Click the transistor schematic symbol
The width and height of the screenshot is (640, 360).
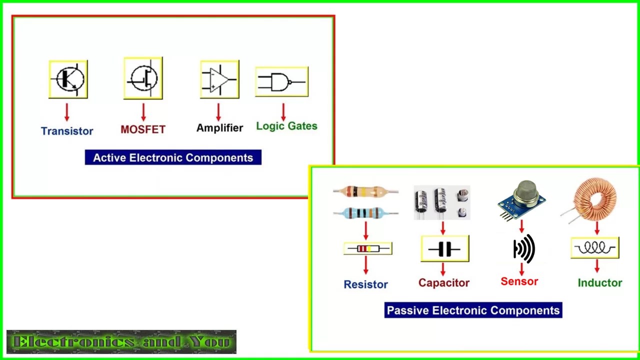(x=68, y=79)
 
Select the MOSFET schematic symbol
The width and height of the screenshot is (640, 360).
(x=143, y=78)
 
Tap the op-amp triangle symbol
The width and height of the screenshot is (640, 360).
(x=219, y=79)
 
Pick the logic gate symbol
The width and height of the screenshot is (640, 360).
(x=281, y=81)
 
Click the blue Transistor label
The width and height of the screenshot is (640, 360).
(x=67, y=131)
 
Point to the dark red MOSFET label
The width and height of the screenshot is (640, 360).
(x=143, y=129)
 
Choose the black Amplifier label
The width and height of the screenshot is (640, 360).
(x=219, y=128)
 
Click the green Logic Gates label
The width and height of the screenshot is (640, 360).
(x=286, y=126)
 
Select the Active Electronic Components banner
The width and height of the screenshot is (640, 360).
(x=173, y=158)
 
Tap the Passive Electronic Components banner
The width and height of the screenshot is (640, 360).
(x=473, y=310)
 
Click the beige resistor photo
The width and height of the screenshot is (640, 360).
(x=365, y=191)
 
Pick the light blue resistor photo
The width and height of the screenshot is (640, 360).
(x=365, y=212)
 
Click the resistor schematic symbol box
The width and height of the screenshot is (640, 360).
(x=367, y=248)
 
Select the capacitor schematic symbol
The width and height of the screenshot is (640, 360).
(x=445, y=248)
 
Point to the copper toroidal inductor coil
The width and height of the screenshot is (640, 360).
(x=594, y=200)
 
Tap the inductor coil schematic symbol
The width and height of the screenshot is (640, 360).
(x=595, y=248)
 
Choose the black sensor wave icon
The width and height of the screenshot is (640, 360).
(x=524, y=248)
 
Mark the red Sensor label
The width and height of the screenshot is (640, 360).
(x=519, y=281)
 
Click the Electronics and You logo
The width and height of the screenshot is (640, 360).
(x=121, y=342)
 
